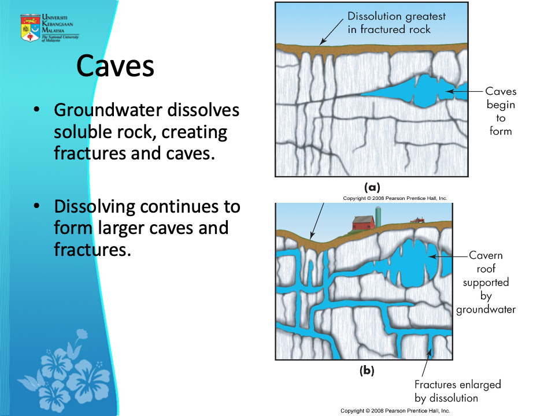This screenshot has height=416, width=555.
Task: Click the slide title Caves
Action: coord(115,66)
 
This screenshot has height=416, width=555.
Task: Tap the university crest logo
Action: coord(30,28)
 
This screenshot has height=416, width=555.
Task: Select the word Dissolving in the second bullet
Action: coord(95,207)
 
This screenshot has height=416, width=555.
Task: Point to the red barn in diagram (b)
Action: coord(363,223)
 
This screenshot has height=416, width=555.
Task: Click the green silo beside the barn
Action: coord(378,217)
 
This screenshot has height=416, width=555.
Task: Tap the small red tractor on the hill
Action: coord(417,220)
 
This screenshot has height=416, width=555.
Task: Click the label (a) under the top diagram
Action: coord(372,187)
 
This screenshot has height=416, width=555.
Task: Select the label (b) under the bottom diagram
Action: coord(367,370)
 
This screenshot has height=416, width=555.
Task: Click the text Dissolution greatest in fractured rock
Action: coord(397,23)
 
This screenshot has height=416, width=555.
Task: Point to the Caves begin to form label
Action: coord(501,111)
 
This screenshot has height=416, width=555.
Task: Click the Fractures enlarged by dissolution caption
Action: coord(458,391)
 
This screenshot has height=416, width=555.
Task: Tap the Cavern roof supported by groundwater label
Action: coord(486,283)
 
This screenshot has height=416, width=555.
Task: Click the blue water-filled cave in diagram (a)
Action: coord(417,91)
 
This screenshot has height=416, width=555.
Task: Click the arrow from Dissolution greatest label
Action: coord(332,32)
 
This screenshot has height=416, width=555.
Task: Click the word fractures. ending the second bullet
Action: coord(92,250)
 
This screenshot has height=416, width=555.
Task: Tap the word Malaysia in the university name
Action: coord(53,31)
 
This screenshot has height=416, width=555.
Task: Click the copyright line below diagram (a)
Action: coord(395,198)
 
